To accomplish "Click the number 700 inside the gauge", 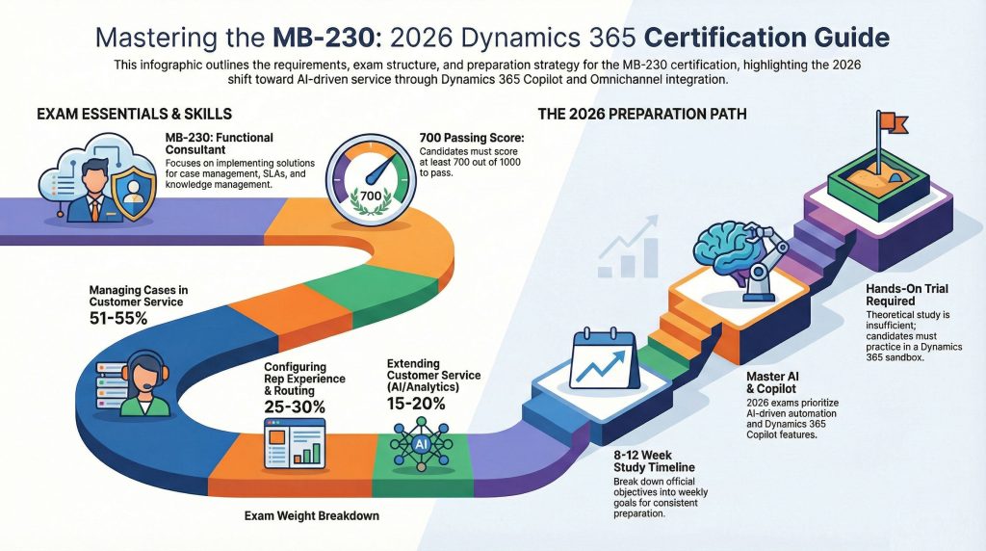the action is point(371,196).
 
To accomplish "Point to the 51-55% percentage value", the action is point(117,319).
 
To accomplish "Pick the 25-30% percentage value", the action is point(293,406).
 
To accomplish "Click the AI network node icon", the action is point(420,443).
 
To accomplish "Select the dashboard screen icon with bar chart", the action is point(295,443).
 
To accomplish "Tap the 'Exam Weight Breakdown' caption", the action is point(310,515).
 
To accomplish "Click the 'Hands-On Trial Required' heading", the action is point(907,301).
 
